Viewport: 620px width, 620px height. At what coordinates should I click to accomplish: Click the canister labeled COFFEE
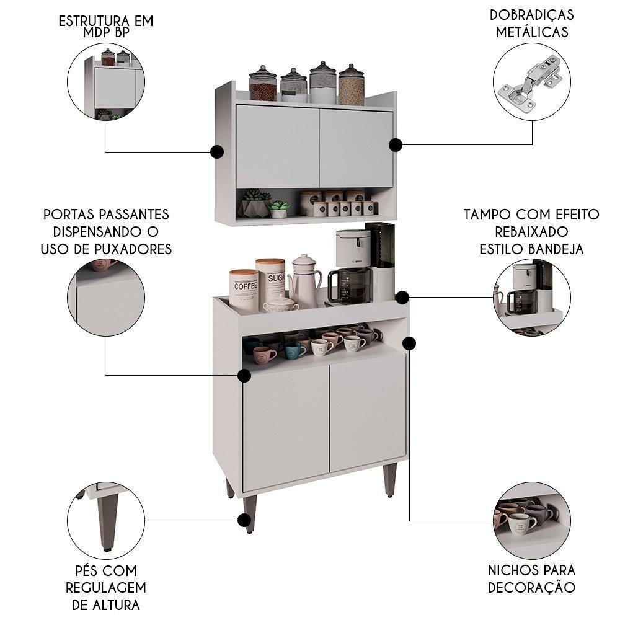pos(244,290)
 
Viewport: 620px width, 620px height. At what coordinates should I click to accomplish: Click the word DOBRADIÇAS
pos(531,14)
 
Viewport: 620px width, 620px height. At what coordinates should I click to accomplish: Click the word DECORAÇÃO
pos(531,587)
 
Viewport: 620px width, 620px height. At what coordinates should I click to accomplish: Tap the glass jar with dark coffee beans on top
pos(263,85)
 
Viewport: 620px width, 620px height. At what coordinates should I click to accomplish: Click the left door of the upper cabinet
pos(277,147)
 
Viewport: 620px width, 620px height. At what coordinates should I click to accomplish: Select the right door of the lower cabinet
pos(368,412)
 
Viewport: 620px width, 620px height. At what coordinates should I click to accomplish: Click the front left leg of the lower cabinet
pos(250,512)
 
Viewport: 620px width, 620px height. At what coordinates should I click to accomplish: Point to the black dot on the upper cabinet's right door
pos(396,144)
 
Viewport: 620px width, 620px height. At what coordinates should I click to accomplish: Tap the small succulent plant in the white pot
pos(278,209)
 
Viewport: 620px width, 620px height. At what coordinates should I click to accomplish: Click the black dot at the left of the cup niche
pos(244,375)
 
